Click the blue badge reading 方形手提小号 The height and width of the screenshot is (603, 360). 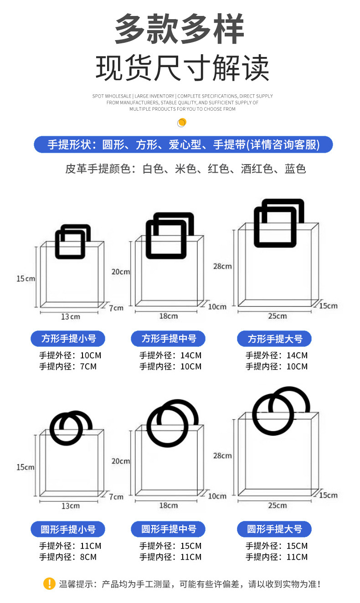tap(68, 339)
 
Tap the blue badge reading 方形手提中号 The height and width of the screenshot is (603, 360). tap(168, 339)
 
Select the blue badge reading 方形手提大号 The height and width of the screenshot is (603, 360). tap(275, 339)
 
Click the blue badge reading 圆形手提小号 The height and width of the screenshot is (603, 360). tap(68, 529)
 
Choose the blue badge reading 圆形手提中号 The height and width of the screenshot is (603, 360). tap(168, 529)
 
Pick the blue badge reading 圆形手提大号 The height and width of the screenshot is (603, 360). tap(275, 529)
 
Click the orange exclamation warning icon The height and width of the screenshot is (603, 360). tap(49, 583)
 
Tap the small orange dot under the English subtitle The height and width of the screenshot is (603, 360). tap(182, 122)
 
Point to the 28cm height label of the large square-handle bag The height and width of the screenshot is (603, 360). tap(222, 266)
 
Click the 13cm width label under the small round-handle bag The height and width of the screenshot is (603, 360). tap(71, 505)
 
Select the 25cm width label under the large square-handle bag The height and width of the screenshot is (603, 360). tap(277, 316)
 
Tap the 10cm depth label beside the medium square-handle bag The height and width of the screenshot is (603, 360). tap(217, 306)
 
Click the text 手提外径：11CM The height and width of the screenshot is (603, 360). tap(70, 546)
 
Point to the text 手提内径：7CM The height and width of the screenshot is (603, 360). tap(68, 366)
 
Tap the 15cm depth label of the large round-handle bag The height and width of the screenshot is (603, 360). tap(328, 495)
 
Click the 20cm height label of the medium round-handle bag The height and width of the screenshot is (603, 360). tap(121, 461)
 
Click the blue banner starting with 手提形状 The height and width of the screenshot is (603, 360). tap(183, 144)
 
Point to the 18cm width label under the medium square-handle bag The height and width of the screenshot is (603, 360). tap(169, 316)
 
